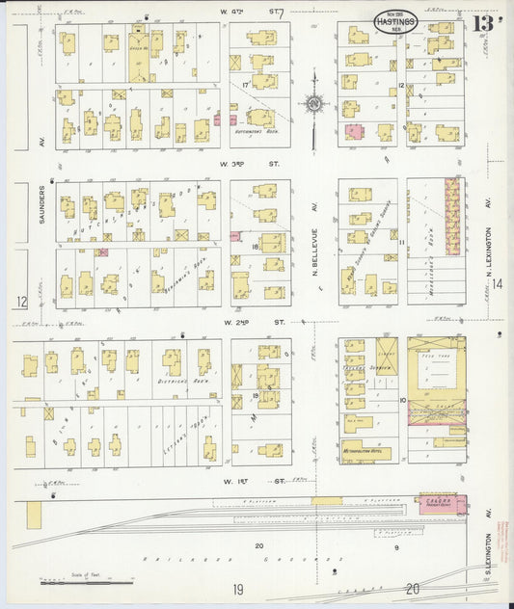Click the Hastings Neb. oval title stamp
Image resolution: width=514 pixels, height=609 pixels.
(x=395, y=21)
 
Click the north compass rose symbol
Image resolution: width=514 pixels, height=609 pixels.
(x=314, y=102)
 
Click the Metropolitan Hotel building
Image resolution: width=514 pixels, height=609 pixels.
(x=366, y=450)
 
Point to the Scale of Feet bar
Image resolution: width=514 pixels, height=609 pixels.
(x=87, y=582)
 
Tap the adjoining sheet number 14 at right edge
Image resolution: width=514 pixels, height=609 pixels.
(x=497, y=283)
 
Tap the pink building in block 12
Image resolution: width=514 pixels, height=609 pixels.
(x=354, y=131)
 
